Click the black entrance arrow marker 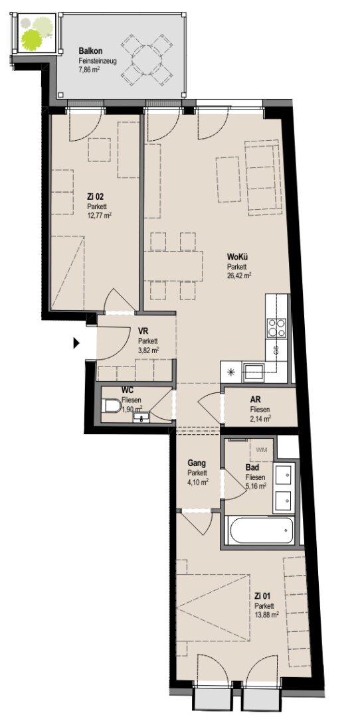76,343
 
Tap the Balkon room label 88,50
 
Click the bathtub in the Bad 261,530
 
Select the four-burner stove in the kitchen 277,327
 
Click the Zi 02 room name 96,197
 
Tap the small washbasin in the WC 141,417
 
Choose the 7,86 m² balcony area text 89,70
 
